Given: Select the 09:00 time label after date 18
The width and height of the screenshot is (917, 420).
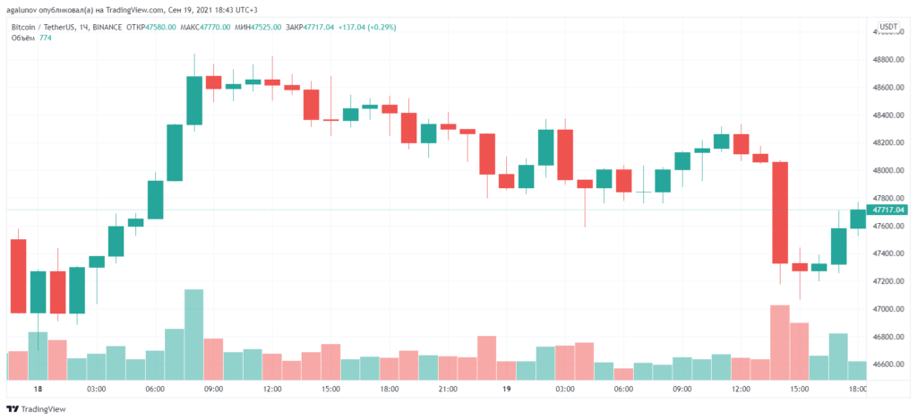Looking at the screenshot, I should click(213, 390).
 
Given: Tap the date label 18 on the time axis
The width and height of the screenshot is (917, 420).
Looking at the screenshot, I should click(38, 390).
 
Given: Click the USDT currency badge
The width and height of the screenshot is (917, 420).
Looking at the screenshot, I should click(889, 27).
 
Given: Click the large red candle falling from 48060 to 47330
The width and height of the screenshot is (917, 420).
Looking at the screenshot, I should click(780, 212).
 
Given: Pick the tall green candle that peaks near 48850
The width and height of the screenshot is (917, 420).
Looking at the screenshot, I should click(193, 100).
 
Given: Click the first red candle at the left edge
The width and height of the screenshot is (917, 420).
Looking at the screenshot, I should click(18, 276).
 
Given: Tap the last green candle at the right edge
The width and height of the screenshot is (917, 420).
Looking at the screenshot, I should click(858, 219).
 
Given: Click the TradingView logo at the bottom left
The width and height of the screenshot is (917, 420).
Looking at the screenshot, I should click(37, 409).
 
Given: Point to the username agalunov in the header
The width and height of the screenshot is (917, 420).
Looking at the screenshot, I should click(28, 9).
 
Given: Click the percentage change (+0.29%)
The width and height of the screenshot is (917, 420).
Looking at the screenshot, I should click(380, 27).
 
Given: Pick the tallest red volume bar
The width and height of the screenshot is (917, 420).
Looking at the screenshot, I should click(780, 343).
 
